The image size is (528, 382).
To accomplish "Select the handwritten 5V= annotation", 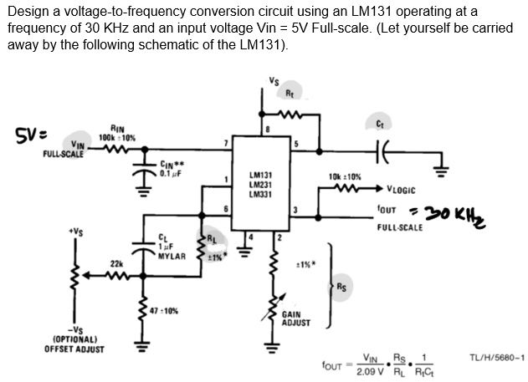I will point(29,134).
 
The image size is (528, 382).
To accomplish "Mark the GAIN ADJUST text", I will point(297,318).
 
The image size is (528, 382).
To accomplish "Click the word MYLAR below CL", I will point(171,255).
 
